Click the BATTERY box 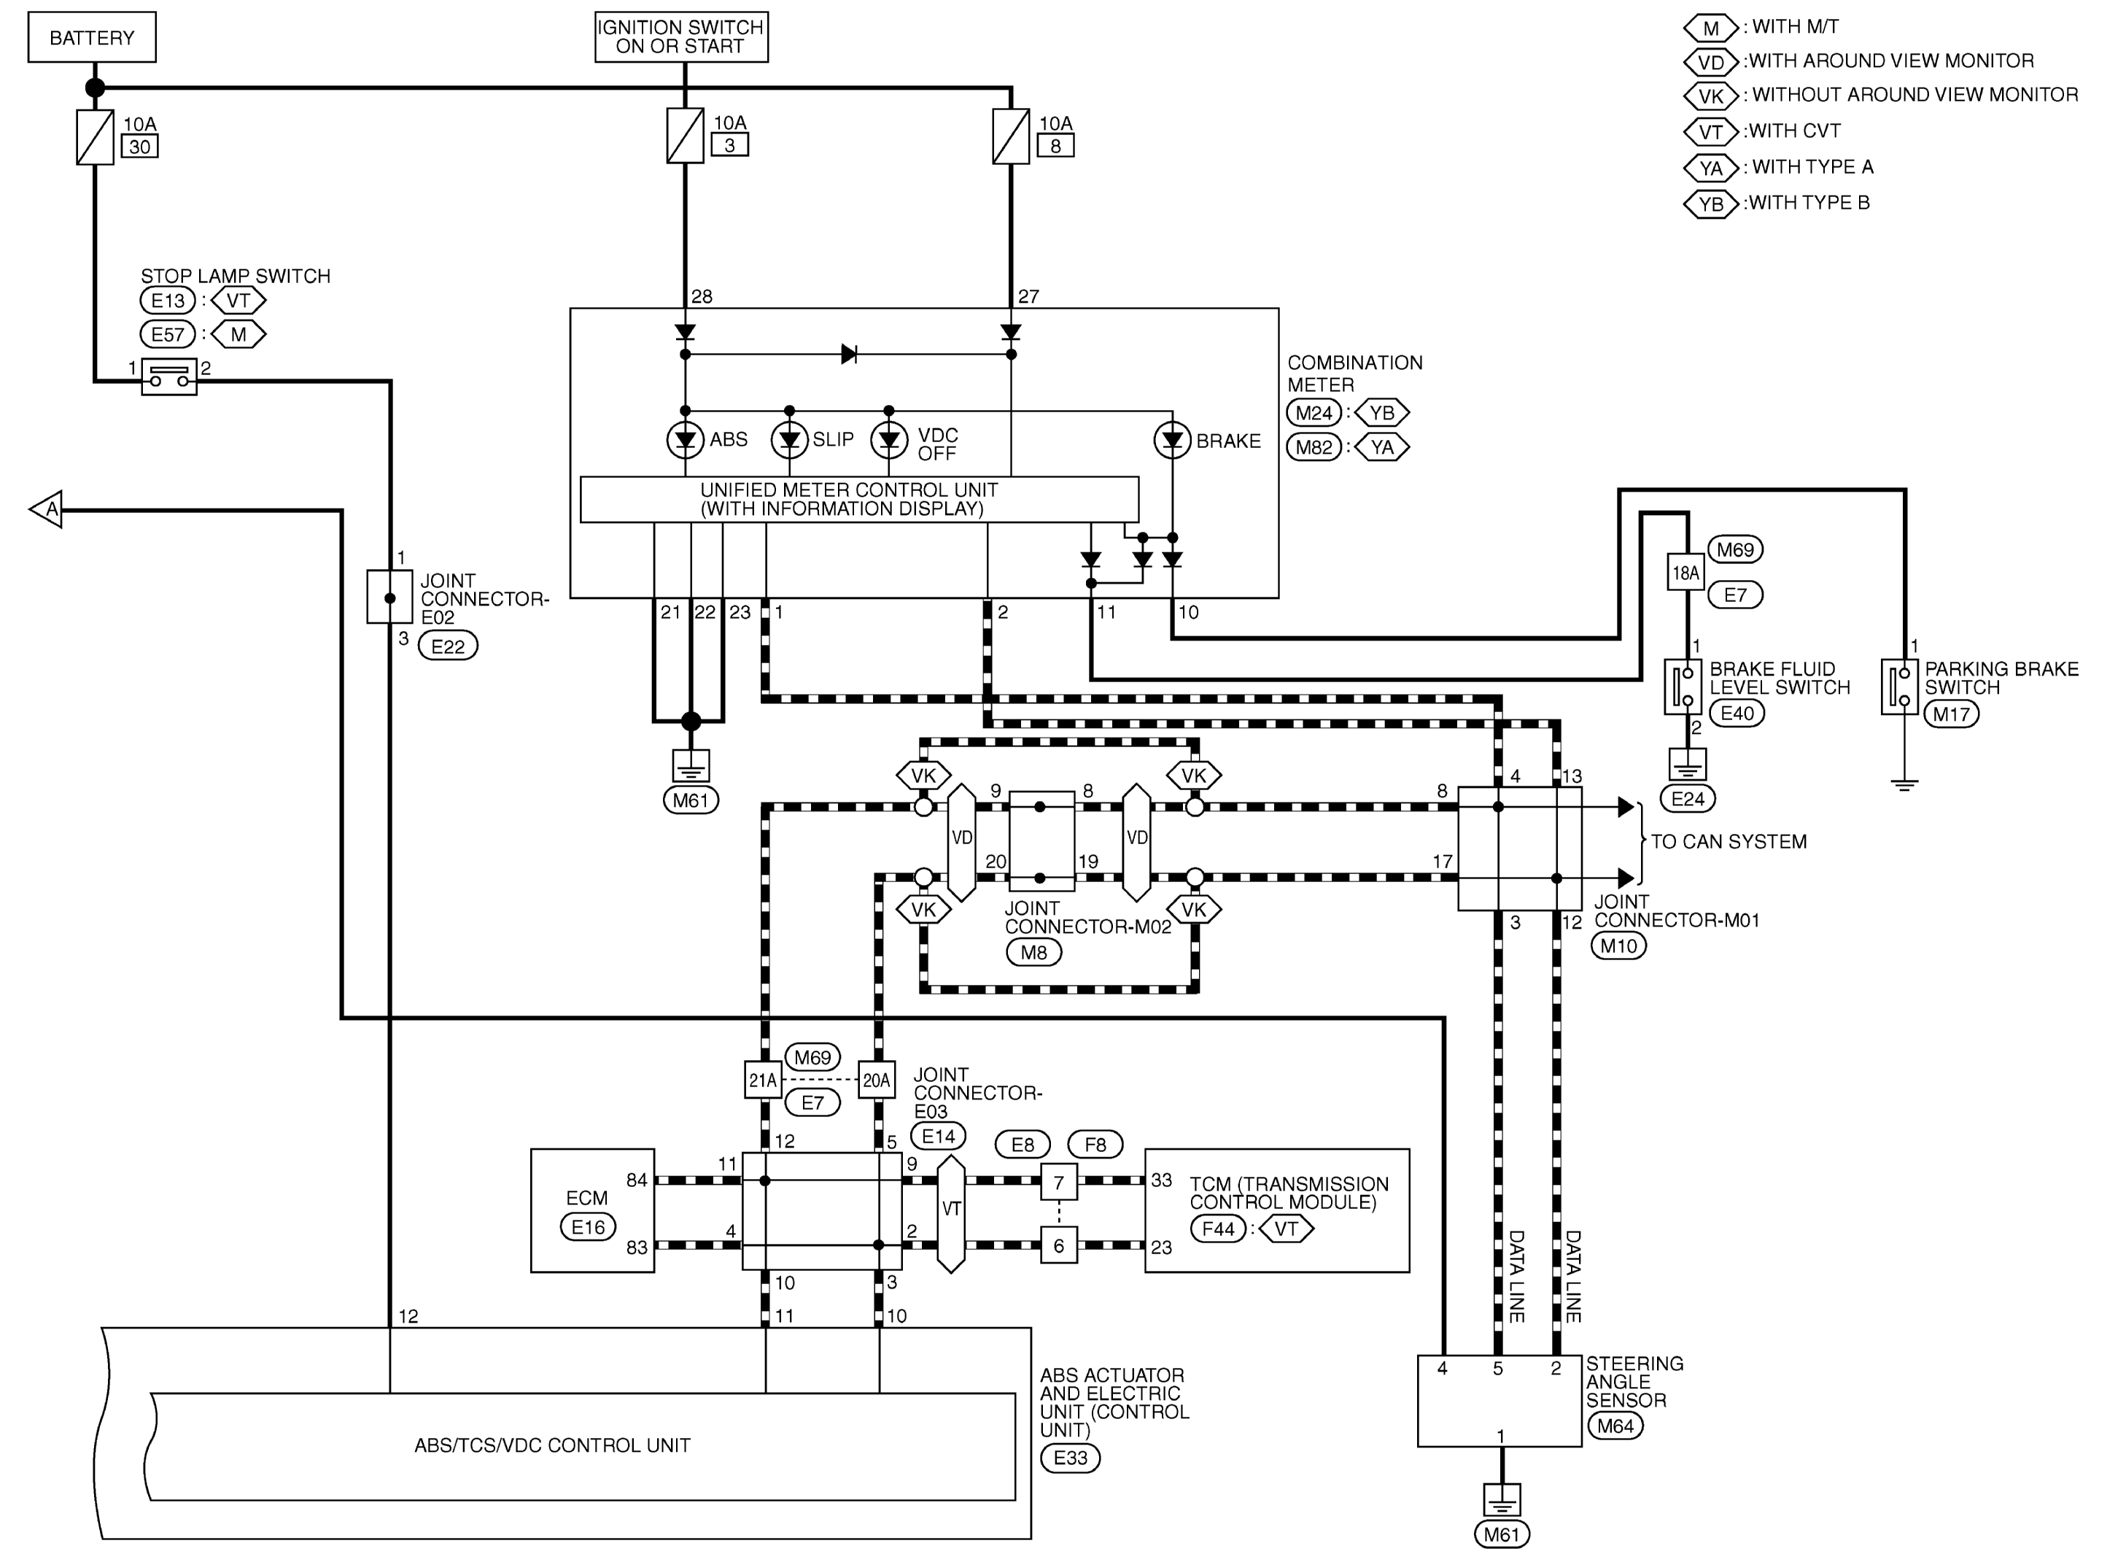[91, 38]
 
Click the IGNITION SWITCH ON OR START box [680, 36]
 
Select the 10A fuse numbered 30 [95, 137]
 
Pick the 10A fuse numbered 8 [1011, 137]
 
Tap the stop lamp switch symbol [169, 377]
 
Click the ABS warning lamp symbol [685, 440]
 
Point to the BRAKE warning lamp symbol [1171, 440]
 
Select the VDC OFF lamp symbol [888, 440]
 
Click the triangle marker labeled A [47, 509]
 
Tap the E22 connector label [448, 646]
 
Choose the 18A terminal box [1685, 572]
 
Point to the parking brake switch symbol [1898, 687]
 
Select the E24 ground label [1687, 799]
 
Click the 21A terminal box [763, 1081]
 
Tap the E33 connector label [1070, 1458]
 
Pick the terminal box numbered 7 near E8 [1059, 1183]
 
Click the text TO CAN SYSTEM [1729, 842]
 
